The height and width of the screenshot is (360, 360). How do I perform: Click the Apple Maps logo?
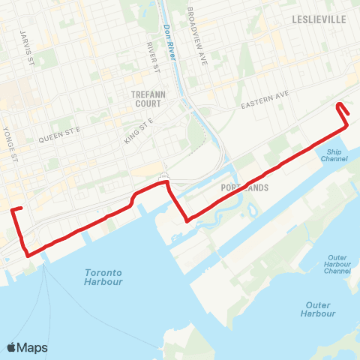(x=27, y=347)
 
